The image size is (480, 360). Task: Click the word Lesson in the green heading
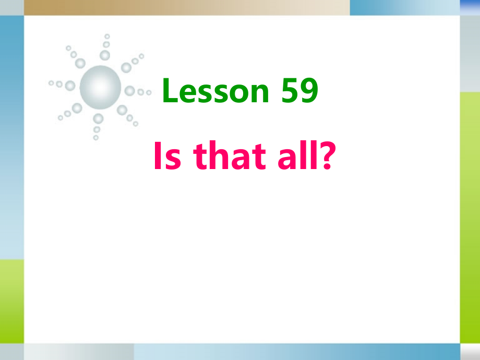[x=215, y=91]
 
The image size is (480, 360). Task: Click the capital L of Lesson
[x=170, y=91]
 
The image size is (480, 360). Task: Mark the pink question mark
[x=325, y=156]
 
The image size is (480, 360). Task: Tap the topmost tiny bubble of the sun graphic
[x=107, y=37]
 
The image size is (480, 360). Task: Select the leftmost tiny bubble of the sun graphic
[x=51, y=82]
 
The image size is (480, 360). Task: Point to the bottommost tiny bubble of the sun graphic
[x=95, y=138]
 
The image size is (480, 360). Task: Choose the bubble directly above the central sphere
[x=105, y=55]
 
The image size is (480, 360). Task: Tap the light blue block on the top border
[x=404, y=7]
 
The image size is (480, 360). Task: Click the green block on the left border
[x=11, y=301]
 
